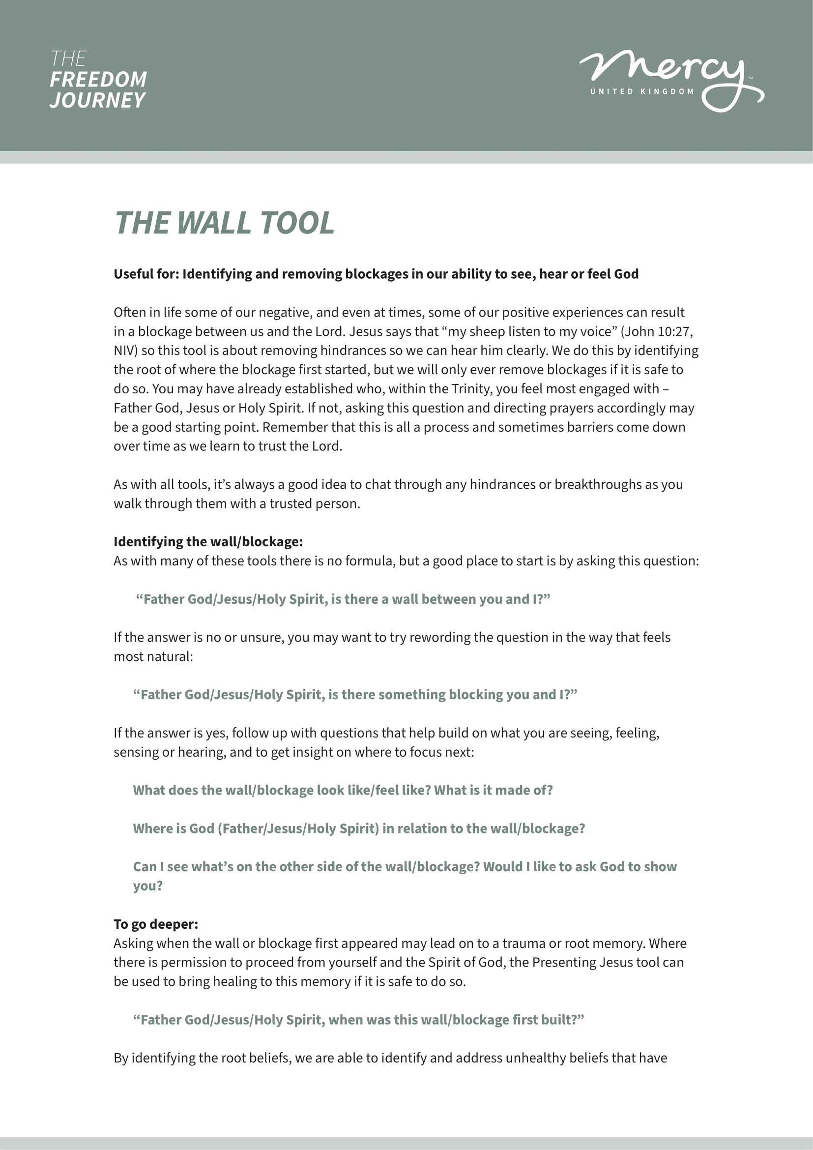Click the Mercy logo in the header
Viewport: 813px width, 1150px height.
[x=671, y=75]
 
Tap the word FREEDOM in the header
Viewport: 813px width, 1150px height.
[x=98, y=80]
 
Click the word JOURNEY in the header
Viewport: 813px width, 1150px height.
[x=97, y=100]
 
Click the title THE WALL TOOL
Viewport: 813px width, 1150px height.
[x=224, y=223]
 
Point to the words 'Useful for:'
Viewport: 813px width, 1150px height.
[x=145, y=274]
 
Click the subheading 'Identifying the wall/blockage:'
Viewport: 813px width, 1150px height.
[x=208, y=541]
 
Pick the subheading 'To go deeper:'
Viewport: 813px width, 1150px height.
[x=156, y=924]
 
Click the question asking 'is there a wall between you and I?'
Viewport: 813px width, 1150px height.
[x=343, y=599]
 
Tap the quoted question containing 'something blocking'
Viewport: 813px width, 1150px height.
[x=355, y=695]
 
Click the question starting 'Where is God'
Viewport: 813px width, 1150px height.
[x=358, y=828]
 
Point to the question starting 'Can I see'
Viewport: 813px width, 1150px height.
[x=405, y=867]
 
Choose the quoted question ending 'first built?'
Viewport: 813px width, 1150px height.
[x=358, y=1020]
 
